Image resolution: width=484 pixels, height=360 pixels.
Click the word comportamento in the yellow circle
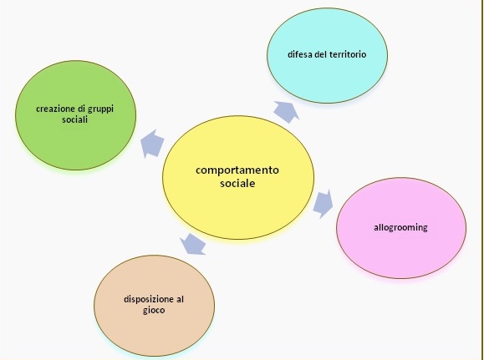[237, 170]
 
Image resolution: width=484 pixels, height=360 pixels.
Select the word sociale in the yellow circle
[237, 183]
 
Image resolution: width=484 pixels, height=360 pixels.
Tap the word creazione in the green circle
[55, 109]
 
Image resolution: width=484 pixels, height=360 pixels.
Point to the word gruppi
[101, 109]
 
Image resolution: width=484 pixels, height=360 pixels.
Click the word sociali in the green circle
[75, 119]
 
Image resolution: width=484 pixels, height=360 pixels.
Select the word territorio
[348, 54]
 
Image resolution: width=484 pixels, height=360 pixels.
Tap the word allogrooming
[400, 228]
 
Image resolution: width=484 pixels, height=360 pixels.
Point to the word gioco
[154, 310]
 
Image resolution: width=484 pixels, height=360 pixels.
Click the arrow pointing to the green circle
[152, 144]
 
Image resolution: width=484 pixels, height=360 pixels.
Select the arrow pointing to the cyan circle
[287, 112]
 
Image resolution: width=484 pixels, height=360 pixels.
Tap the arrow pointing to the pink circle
[324, 204]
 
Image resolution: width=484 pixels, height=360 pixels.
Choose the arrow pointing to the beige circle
[194, 245]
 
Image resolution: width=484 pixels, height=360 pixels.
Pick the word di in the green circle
[81, 109]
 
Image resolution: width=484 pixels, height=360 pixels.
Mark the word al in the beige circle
[181, 299]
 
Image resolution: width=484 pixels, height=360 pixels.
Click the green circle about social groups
[75, 115]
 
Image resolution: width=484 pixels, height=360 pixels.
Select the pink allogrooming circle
[401, 228]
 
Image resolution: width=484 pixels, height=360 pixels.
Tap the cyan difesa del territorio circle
[327, 55]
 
